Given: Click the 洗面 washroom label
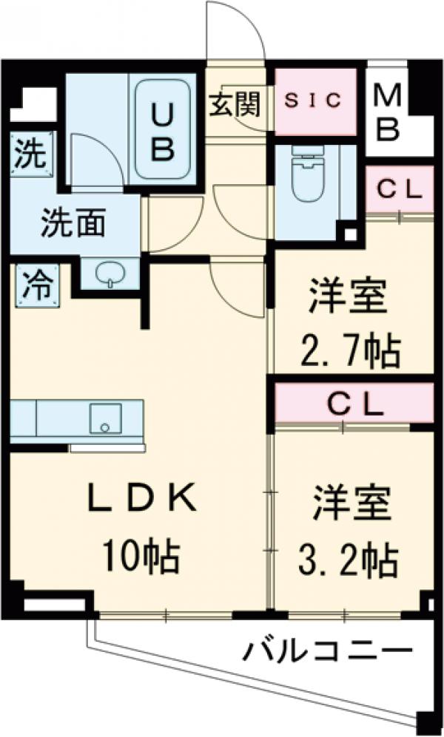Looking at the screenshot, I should tap(72, 223).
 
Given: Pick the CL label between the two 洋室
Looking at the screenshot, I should tap(354, 404).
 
